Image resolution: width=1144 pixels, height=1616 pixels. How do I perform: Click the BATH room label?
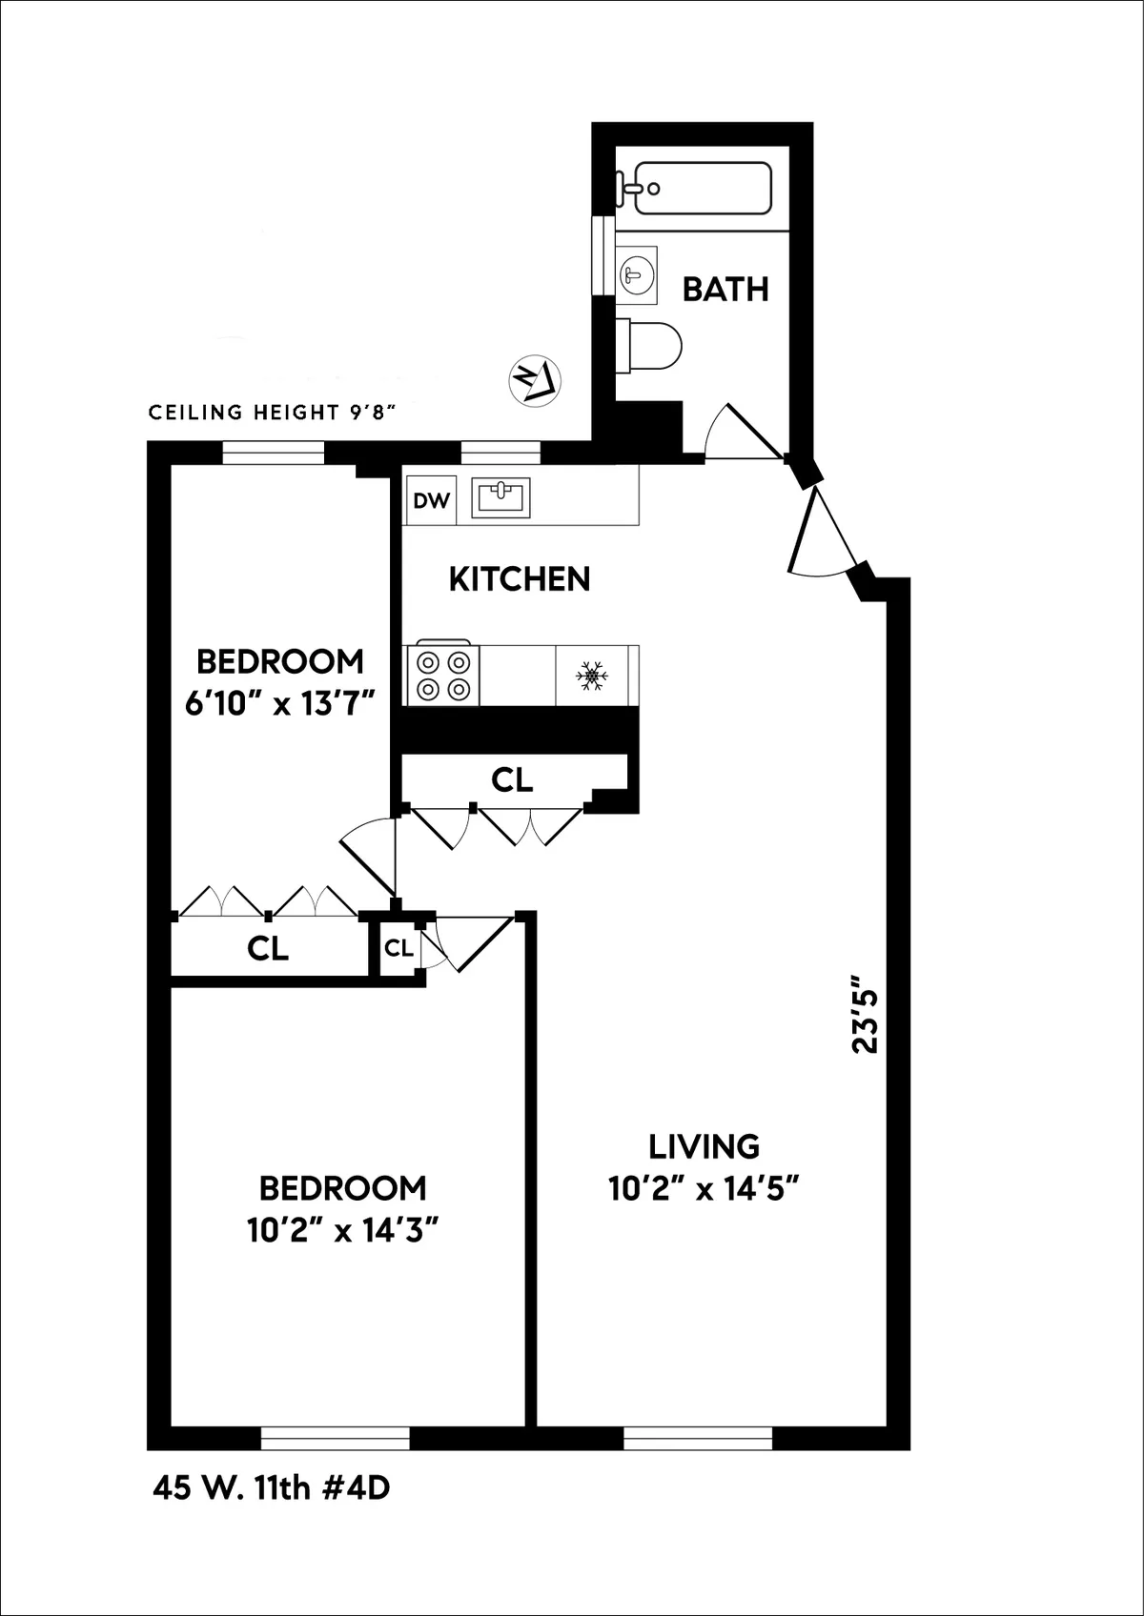point(725,289)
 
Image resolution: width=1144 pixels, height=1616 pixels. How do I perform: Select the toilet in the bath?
point(651,344)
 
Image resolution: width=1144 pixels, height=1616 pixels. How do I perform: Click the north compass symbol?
point(537,376)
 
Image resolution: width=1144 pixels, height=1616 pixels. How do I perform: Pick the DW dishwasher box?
point(432,500)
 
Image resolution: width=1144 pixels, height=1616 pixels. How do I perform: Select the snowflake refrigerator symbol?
point(592,677)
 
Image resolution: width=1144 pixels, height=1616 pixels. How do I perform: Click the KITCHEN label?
point(520,579)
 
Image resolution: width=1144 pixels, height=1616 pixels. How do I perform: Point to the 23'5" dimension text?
point(864,1013)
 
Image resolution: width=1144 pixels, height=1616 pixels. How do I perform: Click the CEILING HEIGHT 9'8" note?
point(272,413)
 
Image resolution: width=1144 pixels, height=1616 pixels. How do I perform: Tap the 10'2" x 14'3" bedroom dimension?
point(342,1230)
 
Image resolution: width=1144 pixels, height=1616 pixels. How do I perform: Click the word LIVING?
point(704,1145)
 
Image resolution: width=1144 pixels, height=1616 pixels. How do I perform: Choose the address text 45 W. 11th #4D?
point(272,1514)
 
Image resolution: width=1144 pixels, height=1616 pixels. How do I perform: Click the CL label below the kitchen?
point(512,780)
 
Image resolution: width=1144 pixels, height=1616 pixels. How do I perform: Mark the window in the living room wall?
point(698,1438)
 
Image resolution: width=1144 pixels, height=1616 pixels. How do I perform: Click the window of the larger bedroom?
point(336,1438)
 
